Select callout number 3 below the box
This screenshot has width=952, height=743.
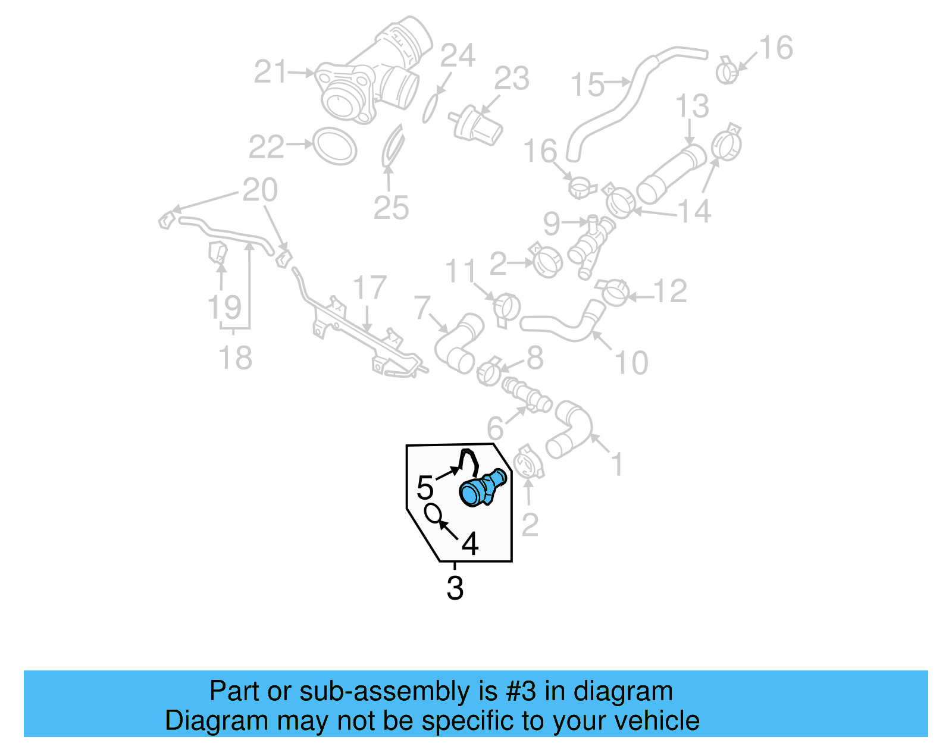(455, 588)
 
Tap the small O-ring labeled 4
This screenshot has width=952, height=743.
(433, 512)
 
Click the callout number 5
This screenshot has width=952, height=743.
(425, 488)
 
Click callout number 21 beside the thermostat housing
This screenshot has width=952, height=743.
(271, 73)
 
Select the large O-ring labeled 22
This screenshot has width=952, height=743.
(334, 146)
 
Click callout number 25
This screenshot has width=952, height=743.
(391, 208)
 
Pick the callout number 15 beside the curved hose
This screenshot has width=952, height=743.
(587, 84)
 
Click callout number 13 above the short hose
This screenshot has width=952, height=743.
(692, 106)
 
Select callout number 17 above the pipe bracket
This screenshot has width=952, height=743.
(369, 288)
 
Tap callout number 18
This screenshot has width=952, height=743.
(236, 358)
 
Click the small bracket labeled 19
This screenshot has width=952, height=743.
(217, 252)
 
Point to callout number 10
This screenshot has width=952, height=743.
(631, 362)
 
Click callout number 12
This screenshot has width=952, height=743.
(670, 291)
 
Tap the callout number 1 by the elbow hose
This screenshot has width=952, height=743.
(617, 463)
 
